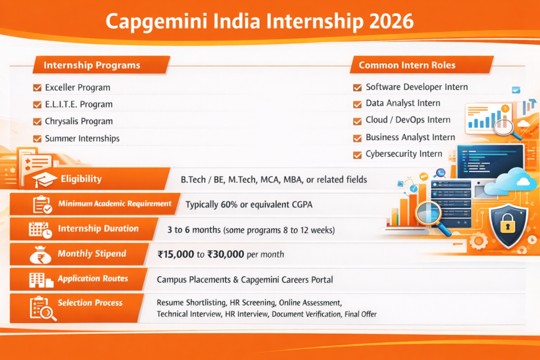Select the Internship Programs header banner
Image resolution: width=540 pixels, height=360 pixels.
tap(92, 65)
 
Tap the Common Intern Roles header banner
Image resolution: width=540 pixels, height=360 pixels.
tap(407, 65)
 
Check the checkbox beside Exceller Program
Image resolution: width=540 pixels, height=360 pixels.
tap(37, 87)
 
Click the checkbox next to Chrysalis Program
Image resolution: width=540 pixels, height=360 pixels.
tap(37, 122)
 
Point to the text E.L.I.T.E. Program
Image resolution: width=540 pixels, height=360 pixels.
tap(79, 104)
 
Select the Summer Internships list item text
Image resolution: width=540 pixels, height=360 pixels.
tap(82, 139)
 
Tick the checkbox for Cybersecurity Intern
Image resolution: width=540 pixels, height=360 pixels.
tap(357, 154)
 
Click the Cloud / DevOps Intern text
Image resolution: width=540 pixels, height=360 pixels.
tap(408, 120)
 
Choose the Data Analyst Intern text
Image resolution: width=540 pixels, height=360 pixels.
tap(403, 103)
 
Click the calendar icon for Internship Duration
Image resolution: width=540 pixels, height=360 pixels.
tap(40, 229)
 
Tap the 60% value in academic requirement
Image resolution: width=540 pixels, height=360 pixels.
tap(228, 205)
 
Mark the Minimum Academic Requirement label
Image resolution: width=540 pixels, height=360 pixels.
tap(115, 204)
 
